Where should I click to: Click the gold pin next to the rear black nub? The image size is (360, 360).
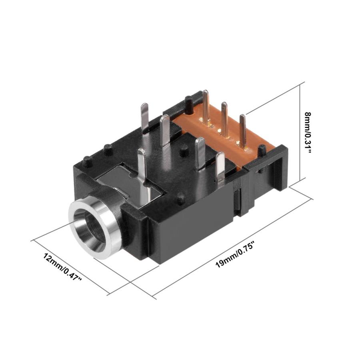click(x=206, y=106)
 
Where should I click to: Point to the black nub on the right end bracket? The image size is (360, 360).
click(x=262, y=151)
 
